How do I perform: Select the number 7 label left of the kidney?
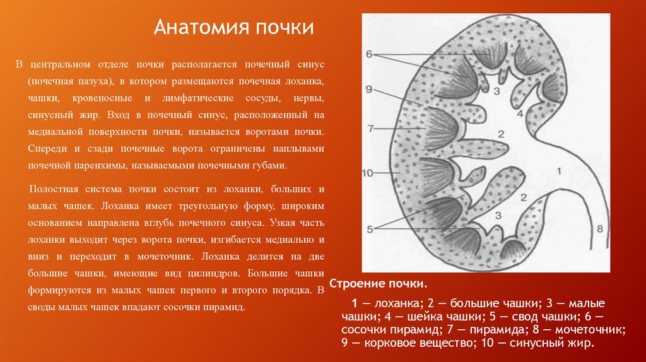coord(371,129)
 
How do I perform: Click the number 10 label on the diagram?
coord(369,172)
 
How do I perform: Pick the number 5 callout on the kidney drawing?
coord(370,228)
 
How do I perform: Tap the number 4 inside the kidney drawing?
coord(520,114)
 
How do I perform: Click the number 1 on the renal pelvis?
coord(558,171)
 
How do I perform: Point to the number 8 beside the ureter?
coord(600,228)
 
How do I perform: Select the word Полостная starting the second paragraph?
coord(53,189)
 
